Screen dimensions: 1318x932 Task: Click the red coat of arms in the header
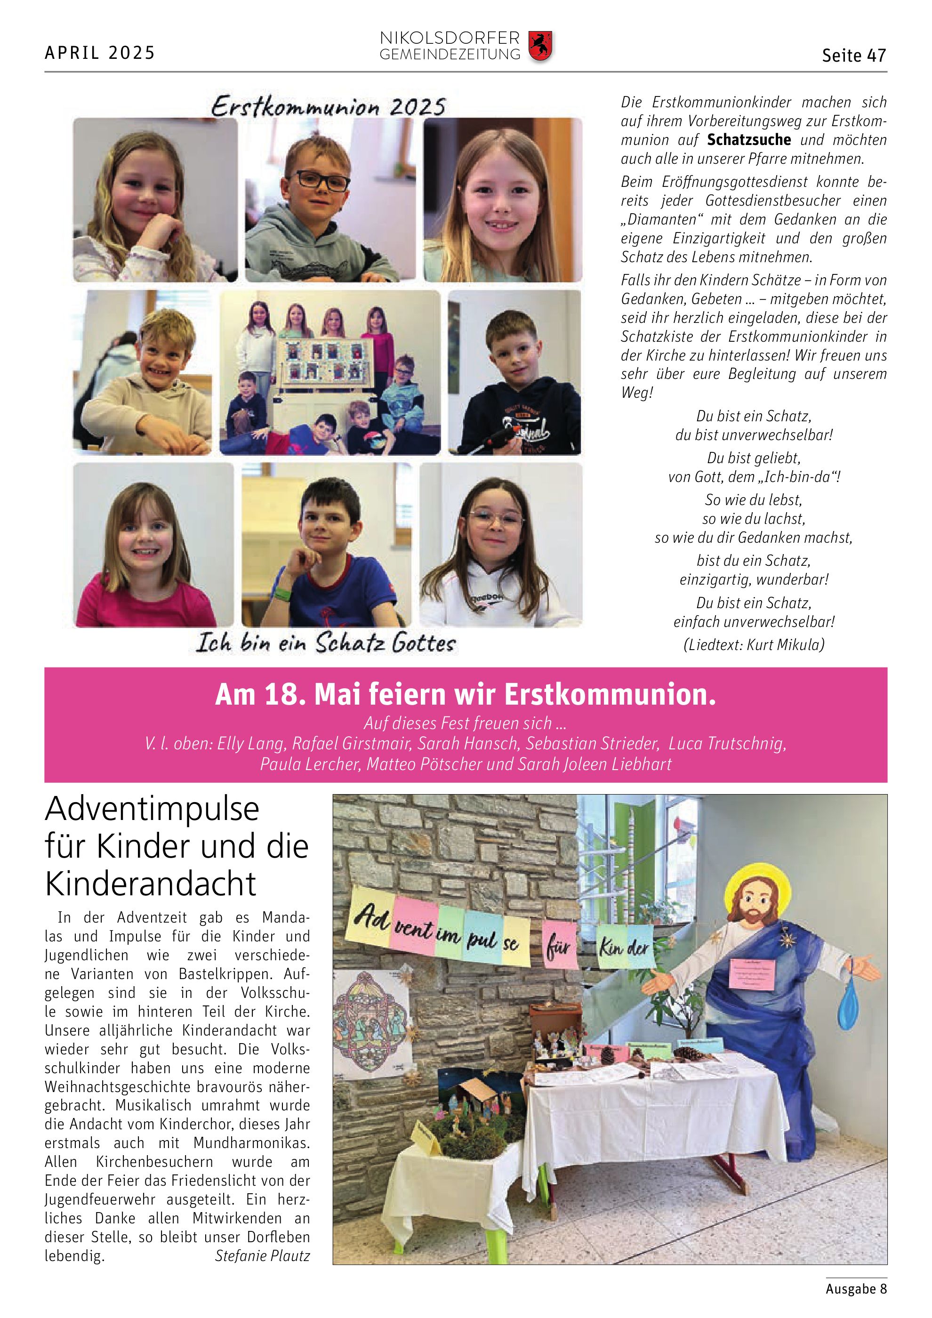539,47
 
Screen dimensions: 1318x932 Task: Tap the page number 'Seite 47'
853,55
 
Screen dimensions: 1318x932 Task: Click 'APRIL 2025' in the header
100,53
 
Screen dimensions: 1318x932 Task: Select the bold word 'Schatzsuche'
748,139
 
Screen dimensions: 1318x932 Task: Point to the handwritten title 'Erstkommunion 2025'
328,107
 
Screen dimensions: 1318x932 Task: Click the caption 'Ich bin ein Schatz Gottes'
325,643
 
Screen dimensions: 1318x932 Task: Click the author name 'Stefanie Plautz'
262,1255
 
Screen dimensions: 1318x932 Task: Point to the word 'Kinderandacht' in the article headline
150,884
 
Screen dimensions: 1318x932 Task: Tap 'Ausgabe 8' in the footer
856,1288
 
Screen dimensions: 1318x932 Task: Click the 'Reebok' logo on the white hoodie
487,598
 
